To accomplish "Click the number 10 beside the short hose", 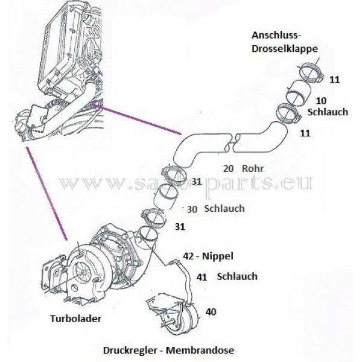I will [x=321, y=100].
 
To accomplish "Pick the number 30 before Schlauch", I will [x=192, y=209].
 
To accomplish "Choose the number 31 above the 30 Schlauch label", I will [x=197, y=181].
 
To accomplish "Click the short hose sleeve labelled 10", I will [x=297, y=94].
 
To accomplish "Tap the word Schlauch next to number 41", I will [x=237, y=276].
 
